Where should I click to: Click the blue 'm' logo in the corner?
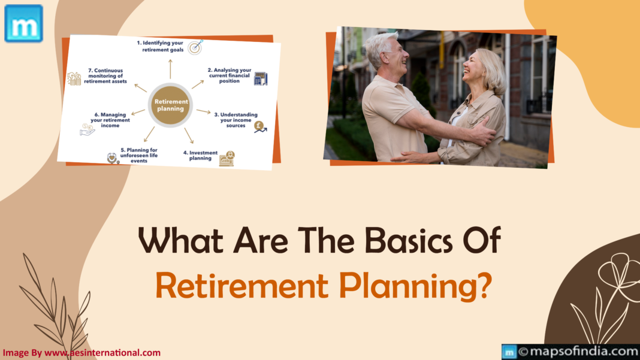(23, 23)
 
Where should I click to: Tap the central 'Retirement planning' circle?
(170, 105)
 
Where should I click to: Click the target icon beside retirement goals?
(195, 47)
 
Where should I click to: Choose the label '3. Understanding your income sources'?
(239, 120)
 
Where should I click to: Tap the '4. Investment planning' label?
(200, 156)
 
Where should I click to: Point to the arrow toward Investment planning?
(189, 135)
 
